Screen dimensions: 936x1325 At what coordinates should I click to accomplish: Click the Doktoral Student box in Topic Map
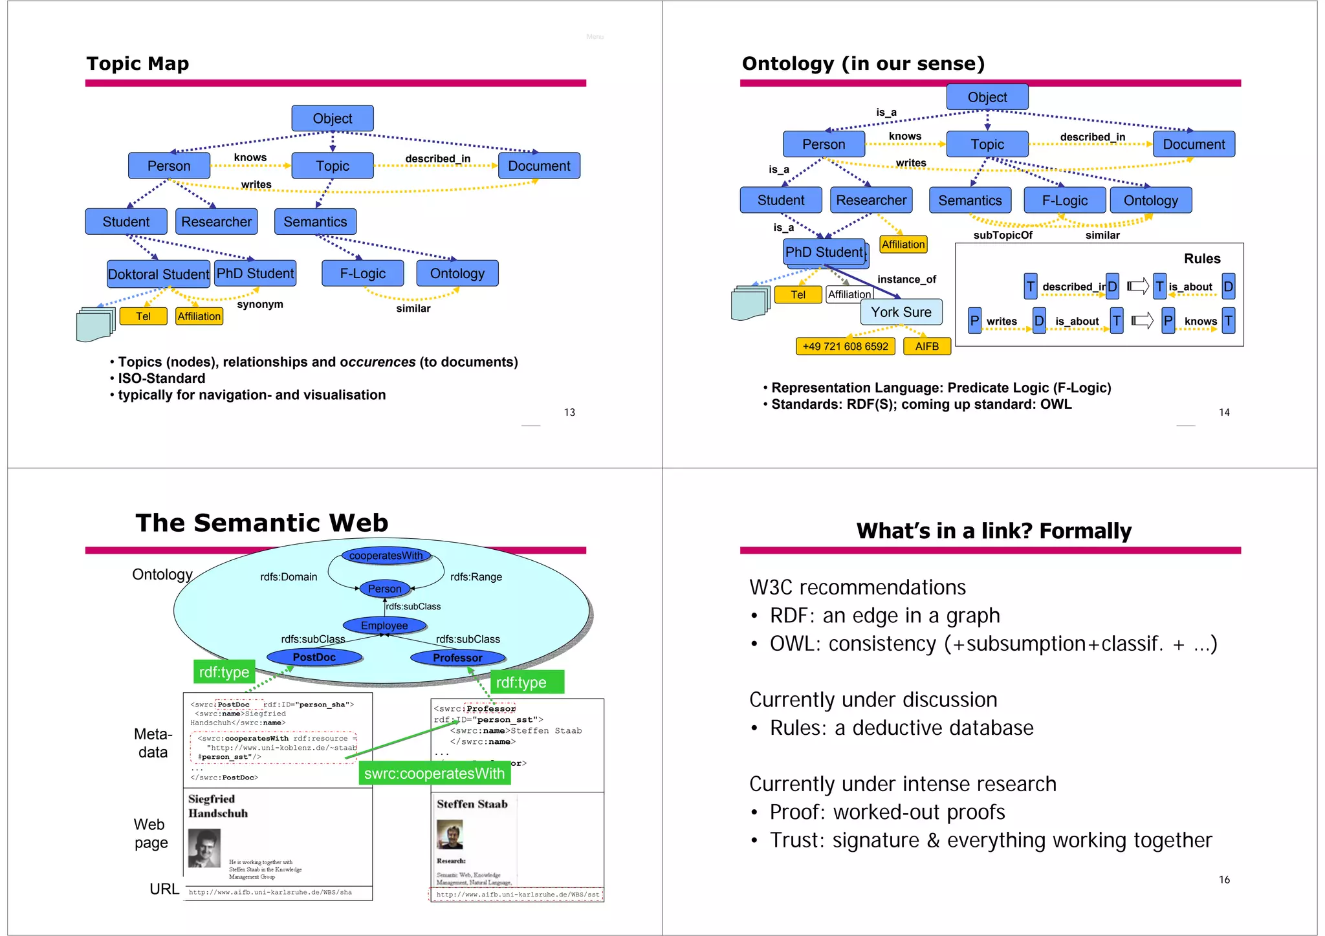tap(159, 274)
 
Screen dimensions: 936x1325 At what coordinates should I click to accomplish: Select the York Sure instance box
tap(901, 312)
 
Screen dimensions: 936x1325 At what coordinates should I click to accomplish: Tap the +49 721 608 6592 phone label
tap(845, 347)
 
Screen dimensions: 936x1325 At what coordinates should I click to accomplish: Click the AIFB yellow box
tap(926, 347)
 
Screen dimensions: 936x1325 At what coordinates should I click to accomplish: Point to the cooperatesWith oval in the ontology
tap(386, 556)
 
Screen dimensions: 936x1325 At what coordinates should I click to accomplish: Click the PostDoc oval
tap(314, 657)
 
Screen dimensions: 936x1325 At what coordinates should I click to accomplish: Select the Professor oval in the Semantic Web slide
tap(457, 658)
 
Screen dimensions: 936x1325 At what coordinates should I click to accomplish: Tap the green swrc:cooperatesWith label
tap(434, 774)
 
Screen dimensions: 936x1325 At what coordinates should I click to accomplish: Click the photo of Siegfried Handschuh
tap(204, 848)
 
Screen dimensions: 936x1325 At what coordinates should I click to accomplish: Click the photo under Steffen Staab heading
tap(450, 835)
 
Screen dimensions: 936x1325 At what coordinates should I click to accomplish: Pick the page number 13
tap(569, 413)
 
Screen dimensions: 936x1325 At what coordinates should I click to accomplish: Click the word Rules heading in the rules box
tap(1201, 259)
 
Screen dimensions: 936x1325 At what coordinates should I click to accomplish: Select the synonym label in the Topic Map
tap(260, 305)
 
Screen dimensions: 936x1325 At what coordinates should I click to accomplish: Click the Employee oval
tap(384, 626)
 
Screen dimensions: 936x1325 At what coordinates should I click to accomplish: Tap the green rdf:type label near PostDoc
tap(224, 672)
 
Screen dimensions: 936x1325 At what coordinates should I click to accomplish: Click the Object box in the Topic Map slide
tap(333, 118)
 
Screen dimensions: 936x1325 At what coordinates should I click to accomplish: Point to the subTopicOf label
tap(1002, 235)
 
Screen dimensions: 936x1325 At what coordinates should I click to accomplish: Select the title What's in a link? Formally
tap(994, 531)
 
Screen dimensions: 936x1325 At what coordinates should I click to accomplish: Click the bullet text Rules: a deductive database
tap(901, 728)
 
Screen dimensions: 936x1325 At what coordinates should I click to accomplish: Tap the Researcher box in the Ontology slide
tap(871, 201)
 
